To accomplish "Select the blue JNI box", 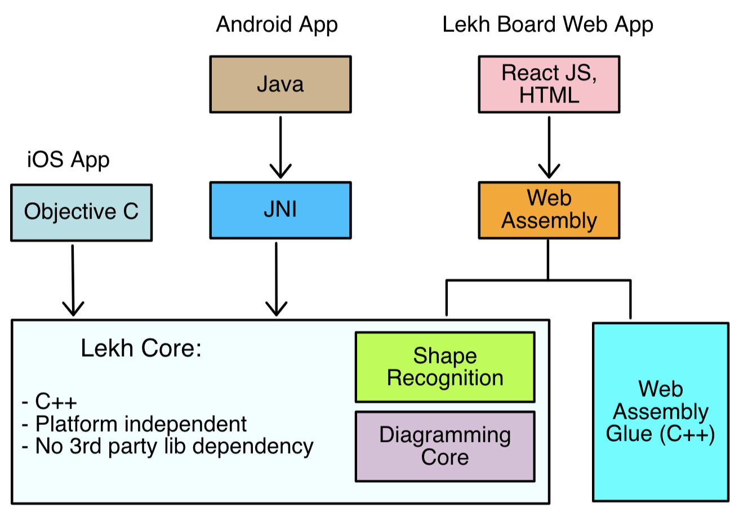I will [281, 210].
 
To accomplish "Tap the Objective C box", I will [81, 212].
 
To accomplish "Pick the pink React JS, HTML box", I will [549, 83].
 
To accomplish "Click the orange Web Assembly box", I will [549, 209].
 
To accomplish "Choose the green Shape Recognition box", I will [444, 367].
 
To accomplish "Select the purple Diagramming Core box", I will [444, 446].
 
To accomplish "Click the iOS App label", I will [68, 160].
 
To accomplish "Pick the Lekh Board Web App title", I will [548, 25].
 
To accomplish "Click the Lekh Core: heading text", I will [141, 349].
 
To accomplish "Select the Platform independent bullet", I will [134, 424].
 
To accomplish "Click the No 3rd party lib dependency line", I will [167, 446].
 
